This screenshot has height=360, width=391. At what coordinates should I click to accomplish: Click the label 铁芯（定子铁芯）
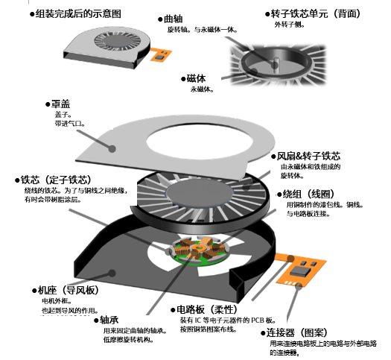click(57, 180)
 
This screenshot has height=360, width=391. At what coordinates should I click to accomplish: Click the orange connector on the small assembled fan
click(159, 55)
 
